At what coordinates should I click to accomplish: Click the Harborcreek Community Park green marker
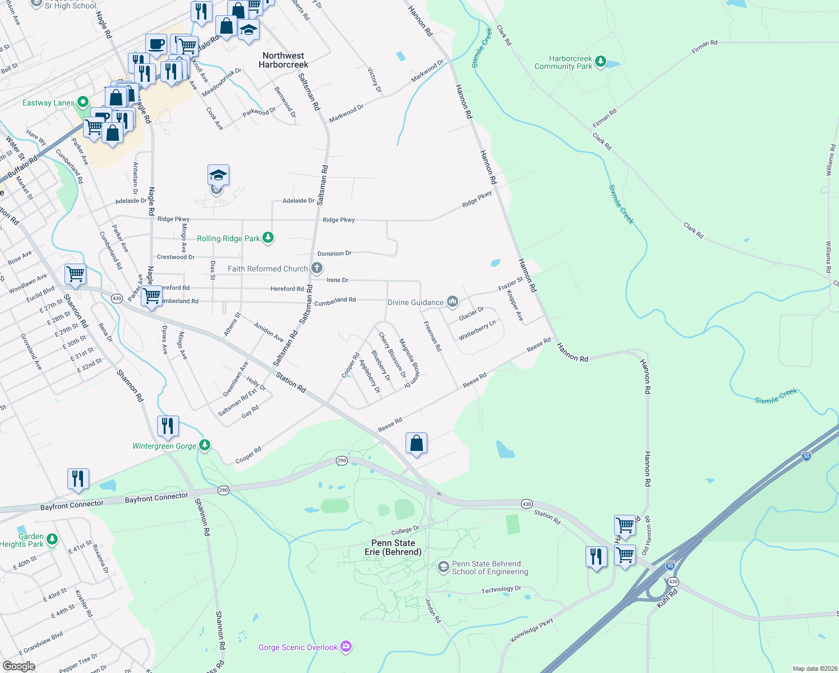pyautogui.click(x=601, y=61)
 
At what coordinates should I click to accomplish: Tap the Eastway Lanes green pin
pyautogui.click(x=83, y=102)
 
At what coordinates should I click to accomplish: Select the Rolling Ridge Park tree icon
pyautogui.click(x=268, y=238)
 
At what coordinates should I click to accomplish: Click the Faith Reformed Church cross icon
pyautogui.click(x=317, y=268)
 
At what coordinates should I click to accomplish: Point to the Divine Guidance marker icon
pyautogui.click(x=453, y=302)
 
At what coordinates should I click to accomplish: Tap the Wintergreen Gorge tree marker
pyautogui.click(x=205, y=445)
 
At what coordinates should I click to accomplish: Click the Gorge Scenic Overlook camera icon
pyautogui.click(x=346, y=647)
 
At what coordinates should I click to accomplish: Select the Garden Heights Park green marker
pyautogui.click(x=52, y=540)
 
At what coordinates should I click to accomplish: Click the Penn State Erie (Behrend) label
pyautogui.click(x=393, y=547)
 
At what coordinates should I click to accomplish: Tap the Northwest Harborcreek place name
pyautogui.click(x=283, y=60)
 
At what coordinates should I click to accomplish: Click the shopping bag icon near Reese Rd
pyautogui.click(x=416, y=443)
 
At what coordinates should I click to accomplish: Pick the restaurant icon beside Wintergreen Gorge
pyautogui.click(x=168, y=426)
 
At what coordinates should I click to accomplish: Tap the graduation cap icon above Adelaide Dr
pyautogui.click(x=218, y=175)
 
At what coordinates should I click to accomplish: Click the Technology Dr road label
pyautogui.click(x=501, y=589)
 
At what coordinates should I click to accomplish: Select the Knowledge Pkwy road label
pyautogui.click(x=532, y=630)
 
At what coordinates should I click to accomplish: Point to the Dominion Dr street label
pyautogui.click(x=334, y=253)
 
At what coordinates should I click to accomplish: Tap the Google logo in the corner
pyautogui.click(x=19, y=666)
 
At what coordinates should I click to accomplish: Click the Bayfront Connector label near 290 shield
pyautogui.click(x=156, y=497)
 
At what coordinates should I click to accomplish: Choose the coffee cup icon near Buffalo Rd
pyautogui.click(x=156, y=44)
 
